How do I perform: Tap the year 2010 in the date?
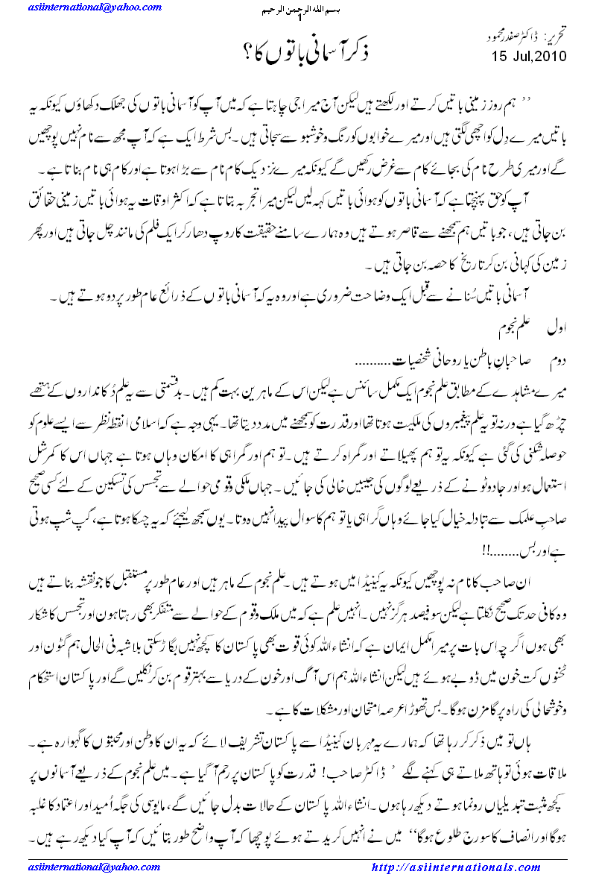click(x=550, y=57)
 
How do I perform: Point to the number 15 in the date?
click(x=500, y=57)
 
